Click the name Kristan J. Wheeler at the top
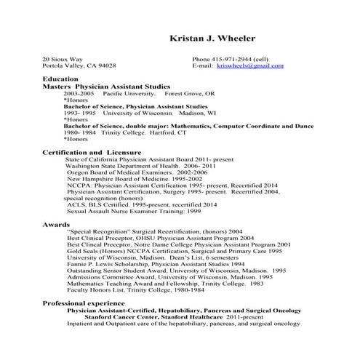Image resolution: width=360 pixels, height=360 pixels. (212, 38)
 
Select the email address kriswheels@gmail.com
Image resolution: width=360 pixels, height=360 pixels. (250, 65)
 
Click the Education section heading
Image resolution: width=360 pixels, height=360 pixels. (60, 79)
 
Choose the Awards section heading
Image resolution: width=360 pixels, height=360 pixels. (55, 225)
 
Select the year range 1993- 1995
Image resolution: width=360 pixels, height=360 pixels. (80, 113)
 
